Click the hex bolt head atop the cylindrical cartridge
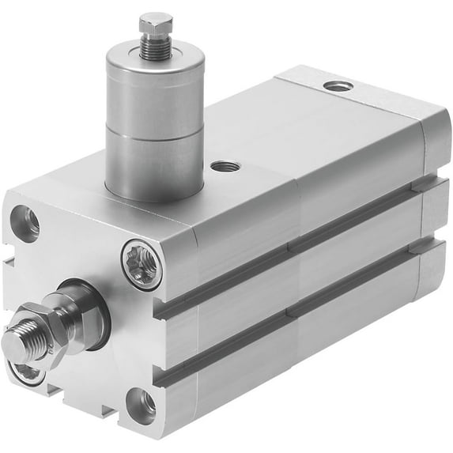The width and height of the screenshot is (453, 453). tap(156, 23)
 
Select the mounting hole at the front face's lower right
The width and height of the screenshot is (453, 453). tap(142, 404)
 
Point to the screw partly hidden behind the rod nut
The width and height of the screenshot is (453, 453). tap(28, 372)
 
